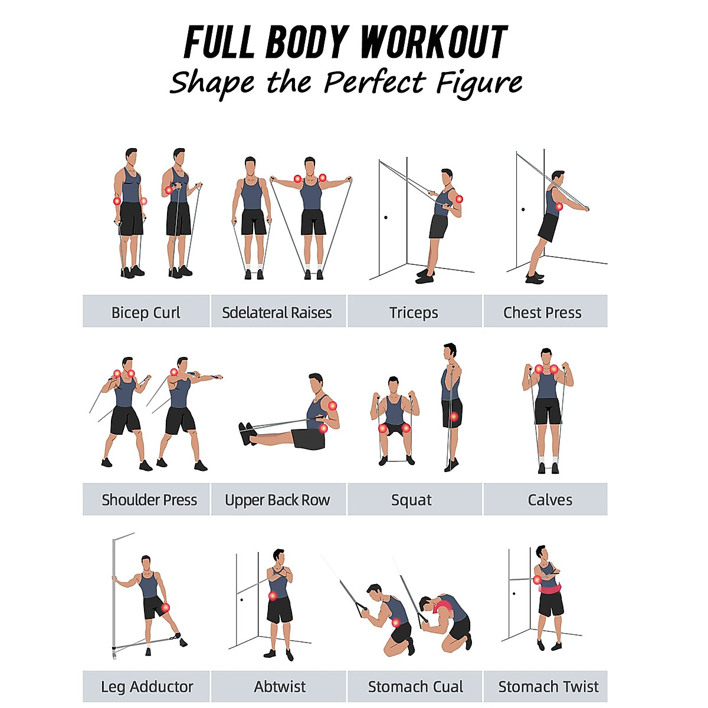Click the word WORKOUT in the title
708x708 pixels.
click(433, 42)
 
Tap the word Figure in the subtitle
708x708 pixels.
click(479, 83)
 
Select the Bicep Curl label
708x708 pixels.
click(146, 312)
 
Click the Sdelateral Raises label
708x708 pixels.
click(277, 312)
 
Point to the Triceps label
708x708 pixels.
click(414, 312)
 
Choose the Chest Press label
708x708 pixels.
click(542, 312)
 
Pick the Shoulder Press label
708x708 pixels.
click(149, 500)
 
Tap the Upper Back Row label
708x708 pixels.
click(277, 500)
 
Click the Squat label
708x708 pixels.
click(411, 500)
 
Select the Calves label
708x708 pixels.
click(550, 500)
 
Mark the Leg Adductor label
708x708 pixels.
click(147, 687)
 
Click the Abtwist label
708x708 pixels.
click(280, 687)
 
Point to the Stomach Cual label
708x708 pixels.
click(415, 687)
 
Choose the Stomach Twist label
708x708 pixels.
click(548, 687)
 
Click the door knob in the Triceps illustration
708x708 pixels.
click(386, 217)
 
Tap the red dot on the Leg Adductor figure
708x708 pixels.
click(165, 608)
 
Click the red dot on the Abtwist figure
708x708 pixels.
click(273, 596)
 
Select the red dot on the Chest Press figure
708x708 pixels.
click(559, 206)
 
